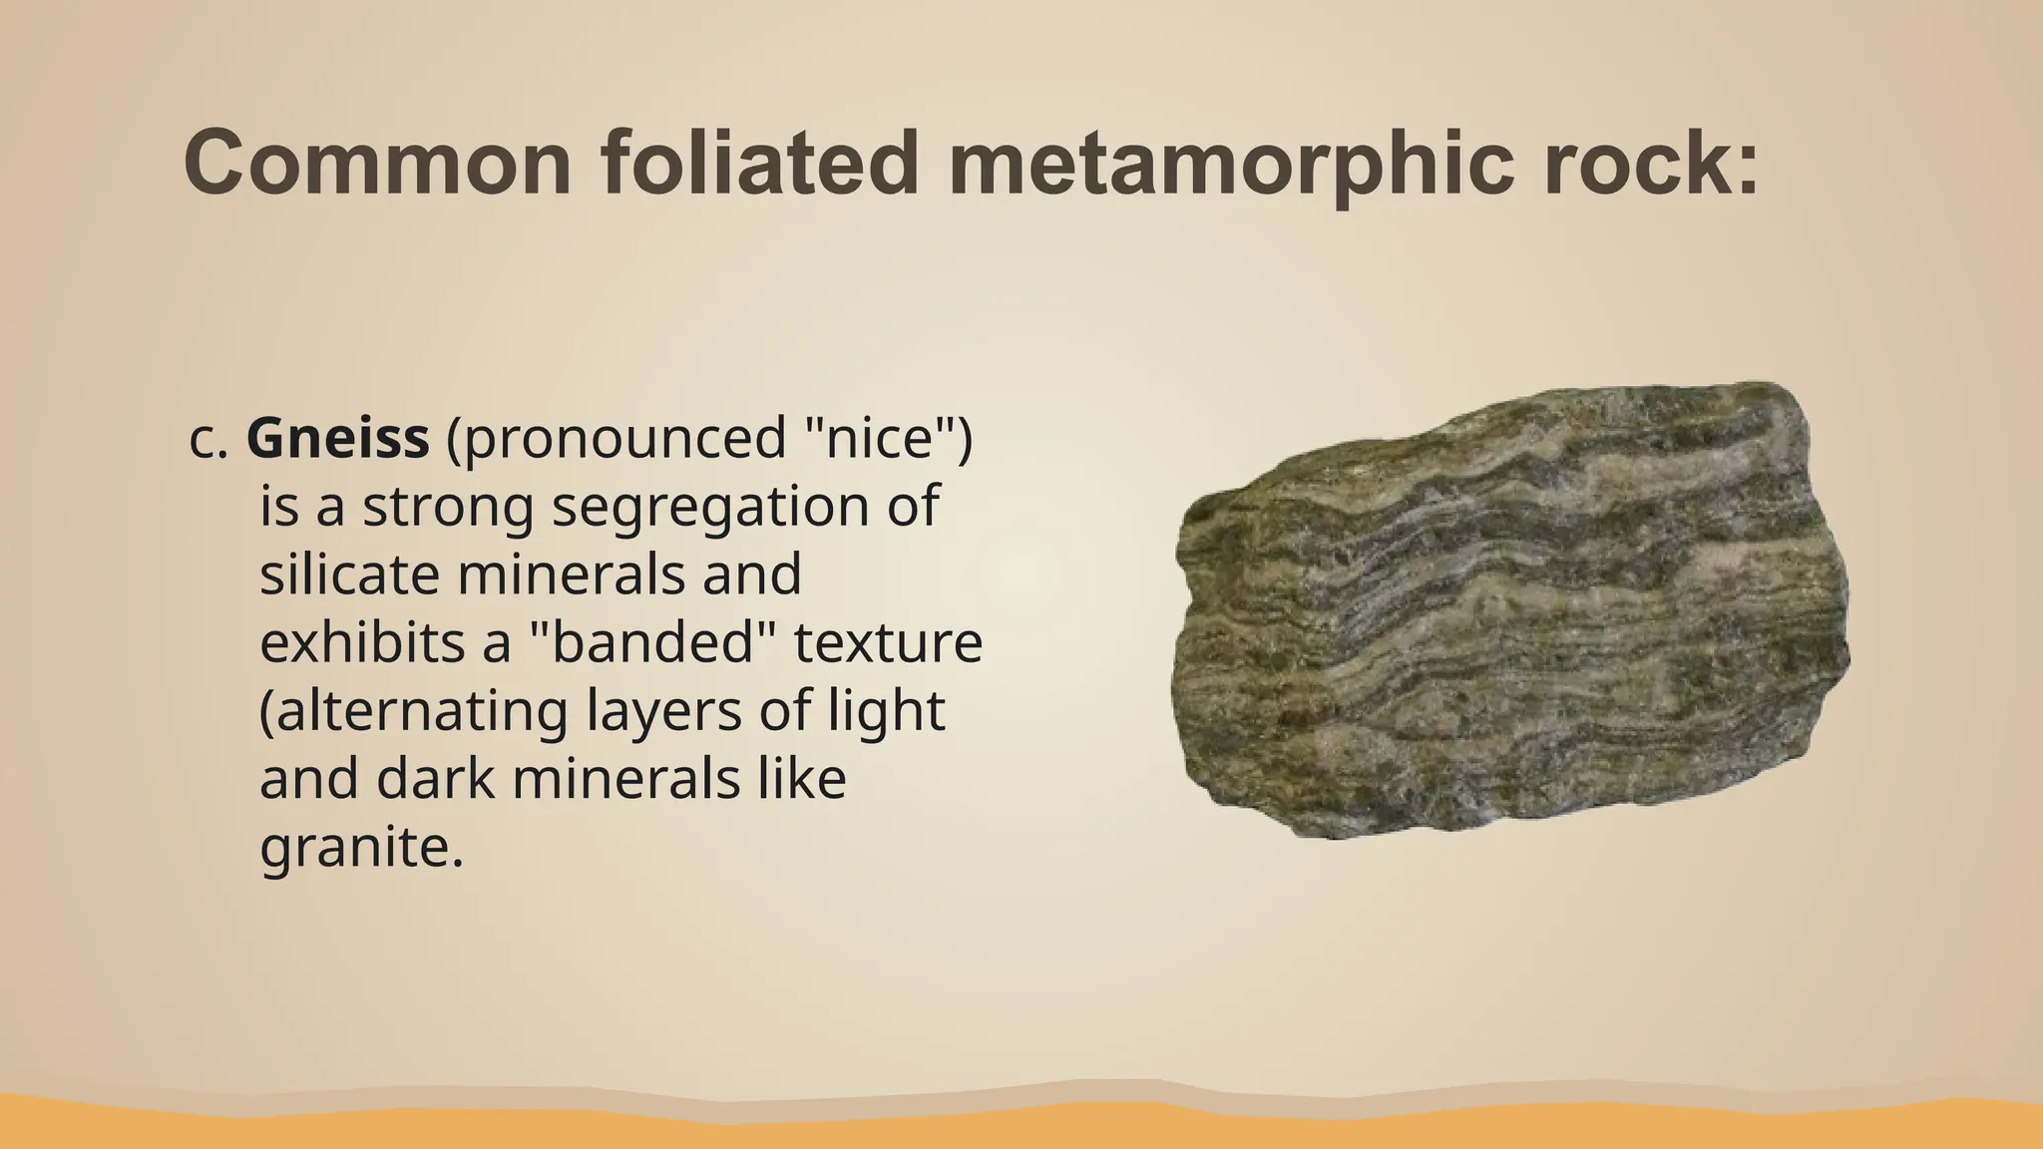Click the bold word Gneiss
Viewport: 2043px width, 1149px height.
(x=337, y=439)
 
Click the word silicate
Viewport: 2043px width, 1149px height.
(x=350, y=574)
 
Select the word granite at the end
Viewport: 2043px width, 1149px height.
(x=360, y=850)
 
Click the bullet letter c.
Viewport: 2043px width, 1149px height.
(x=208, y=440)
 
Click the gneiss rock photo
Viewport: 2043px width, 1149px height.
(x=1511, y=610)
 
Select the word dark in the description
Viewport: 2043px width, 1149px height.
(x=435, y=780)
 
